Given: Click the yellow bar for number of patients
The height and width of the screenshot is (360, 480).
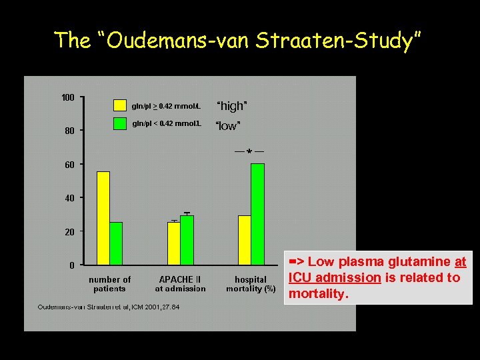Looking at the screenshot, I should pyautogui.click(x=103, y=217).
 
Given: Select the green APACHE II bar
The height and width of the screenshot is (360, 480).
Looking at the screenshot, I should pyautogui.click(x=187, y=239).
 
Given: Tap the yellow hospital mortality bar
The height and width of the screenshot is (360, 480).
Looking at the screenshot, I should pyautogui.click(x=245, y=239).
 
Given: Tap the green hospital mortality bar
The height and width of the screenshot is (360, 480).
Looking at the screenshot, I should pyautogui.click(x=257, y=213).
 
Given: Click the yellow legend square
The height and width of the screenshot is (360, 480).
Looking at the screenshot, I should pyautogui.click(x=119, y=105).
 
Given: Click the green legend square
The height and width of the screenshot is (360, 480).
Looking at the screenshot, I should pyautogui.click(x=119, y=123).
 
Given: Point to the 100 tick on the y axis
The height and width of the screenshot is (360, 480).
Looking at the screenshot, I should pyautogui.click(x=68, y=98).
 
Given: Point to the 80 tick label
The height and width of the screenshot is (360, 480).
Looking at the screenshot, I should pyautogui.click(x=70, y=131).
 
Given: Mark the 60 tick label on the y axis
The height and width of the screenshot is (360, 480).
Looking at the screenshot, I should pyautogui.click(x=70, y=165).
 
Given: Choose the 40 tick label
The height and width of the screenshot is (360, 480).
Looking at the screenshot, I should pyautogui.click(x=70, y=198).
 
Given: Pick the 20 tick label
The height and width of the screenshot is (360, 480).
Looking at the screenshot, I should pyautogui.click(x=70, y=231).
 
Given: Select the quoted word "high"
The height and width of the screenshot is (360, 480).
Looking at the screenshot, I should pyautogui.click(x=232, y=106).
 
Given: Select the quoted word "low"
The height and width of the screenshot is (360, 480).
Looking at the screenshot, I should pyautogui.click(x=227, y=126).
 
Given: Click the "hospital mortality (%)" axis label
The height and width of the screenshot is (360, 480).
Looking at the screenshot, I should pyautogui.click(x=251, y=284).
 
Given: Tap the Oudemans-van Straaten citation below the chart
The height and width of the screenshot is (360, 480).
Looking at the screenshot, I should pyautogui.click(x=103, y=307).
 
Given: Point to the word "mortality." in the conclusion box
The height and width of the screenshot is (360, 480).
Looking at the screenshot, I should pyautogui.click(x=319, y=293).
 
